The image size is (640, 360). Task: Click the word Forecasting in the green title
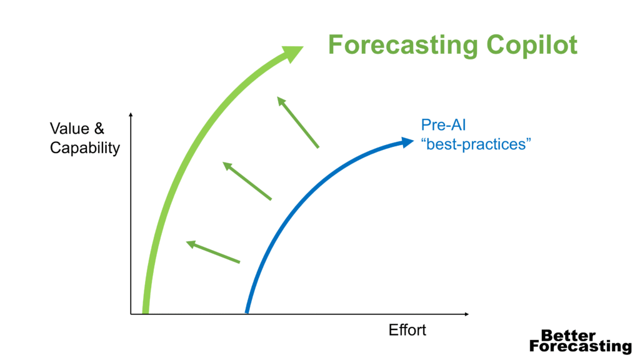403,45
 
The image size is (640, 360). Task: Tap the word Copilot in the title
532,45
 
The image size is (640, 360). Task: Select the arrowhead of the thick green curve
292,54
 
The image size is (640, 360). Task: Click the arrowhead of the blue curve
407,142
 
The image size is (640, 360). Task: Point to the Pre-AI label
443,125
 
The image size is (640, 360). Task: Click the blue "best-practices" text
476,144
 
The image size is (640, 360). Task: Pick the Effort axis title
407,330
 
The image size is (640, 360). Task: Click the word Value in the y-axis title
69,129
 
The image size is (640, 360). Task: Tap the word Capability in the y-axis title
85,148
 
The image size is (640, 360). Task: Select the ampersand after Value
99,129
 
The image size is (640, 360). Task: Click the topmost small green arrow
297,122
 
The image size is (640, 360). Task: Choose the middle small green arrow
247,181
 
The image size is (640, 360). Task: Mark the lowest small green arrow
212,252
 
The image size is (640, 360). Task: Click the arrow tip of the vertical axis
131,113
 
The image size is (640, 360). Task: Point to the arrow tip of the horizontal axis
468,314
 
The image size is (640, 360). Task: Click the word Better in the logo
568,336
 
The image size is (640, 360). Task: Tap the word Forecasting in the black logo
580,346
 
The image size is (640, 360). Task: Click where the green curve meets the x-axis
145,314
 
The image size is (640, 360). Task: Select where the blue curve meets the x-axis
247,313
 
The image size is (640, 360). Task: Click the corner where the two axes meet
131,314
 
